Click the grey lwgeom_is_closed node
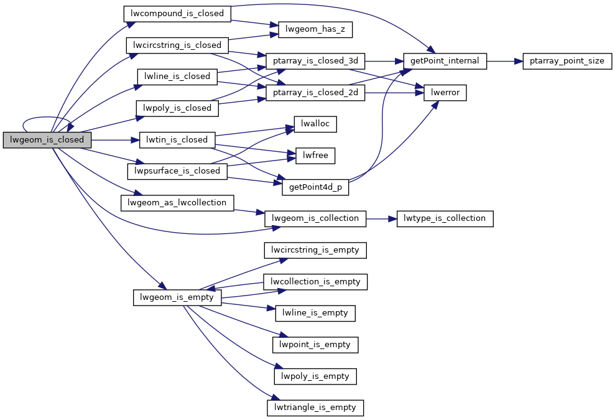click(x=47, y=140)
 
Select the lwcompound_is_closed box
click(x=177, y=12)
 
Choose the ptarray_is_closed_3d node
click(x=315, y=61)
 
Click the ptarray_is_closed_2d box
click(x=315, y=93)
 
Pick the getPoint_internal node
click(x=445, y=61)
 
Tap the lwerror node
click(x=445, y=93)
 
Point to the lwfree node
click(x=315, y=156)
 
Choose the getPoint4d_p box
click(x=315, y=187)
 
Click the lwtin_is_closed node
click(x=177, y=140)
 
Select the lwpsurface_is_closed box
click(x=177, y=171)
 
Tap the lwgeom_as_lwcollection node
click(x=177, y=203)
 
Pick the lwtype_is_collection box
click(x=445, y=218)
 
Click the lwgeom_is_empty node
click(x=177, y=297)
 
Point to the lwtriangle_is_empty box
click(x=315, y=408)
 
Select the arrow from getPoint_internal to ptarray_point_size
click(x=504, y=61)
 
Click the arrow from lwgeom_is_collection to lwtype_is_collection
click(x=381, y=218)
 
